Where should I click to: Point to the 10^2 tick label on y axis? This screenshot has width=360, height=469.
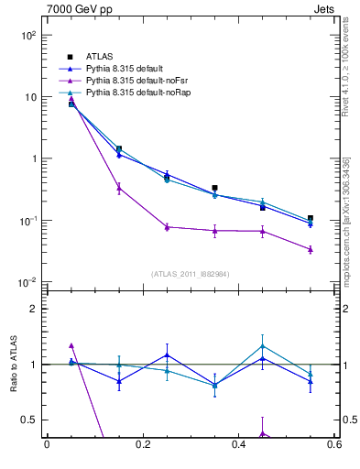(x=28, y=35)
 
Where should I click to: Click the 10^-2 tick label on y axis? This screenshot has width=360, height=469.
(x=28, y=283)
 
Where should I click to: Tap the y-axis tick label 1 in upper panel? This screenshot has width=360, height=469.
(x=35, y=158)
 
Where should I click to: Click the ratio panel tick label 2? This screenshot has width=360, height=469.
(x=35, y=309)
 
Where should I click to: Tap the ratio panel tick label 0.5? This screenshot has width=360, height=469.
(x=30, y=420)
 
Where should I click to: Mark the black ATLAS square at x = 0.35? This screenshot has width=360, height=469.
(x=214, y=188)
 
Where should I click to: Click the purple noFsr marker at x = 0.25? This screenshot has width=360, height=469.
(x=167, y=227)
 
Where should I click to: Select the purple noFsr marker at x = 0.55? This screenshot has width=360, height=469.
(x=311, y=249)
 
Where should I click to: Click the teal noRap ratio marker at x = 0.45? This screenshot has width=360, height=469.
(x=263, y=346)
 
